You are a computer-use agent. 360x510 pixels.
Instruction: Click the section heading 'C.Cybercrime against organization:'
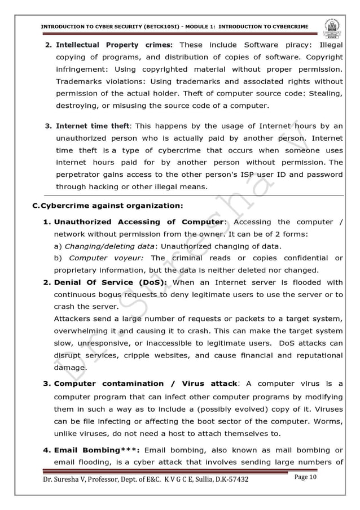click(108, 206)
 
